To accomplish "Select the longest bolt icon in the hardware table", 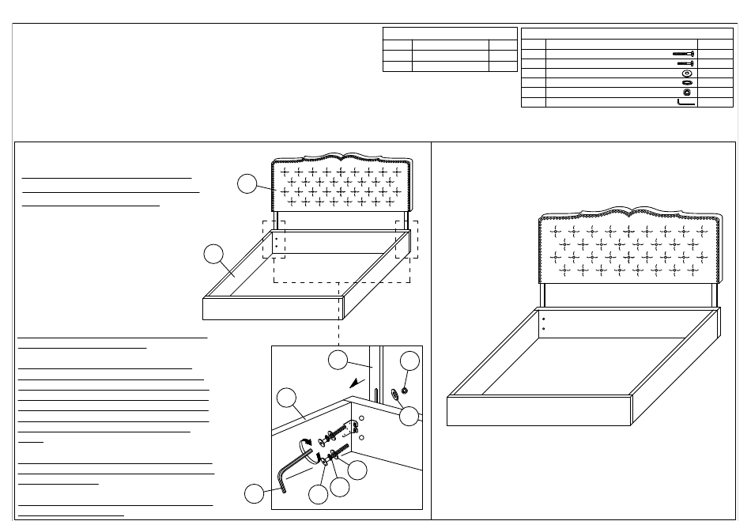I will coord(683,54).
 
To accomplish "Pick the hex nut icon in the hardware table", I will coord(686,92).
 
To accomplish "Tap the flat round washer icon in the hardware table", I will coord(686,73).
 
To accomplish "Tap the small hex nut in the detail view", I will coord(406,390).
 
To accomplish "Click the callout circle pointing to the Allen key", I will coord(254,493).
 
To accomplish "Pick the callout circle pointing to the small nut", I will coord(409,362).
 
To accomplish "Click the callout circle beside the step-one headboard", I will coord(247,183).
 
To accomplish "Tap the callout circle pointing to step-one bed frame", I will coord(212,255).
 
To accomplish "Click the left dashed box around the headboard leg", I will coord(274,239).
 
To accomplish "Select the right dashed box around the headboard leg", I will coord(406,239).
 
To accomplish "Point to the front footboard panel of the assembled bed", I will coord(541,410).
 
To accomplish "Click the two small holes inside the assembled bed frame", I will coord(545,323).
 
